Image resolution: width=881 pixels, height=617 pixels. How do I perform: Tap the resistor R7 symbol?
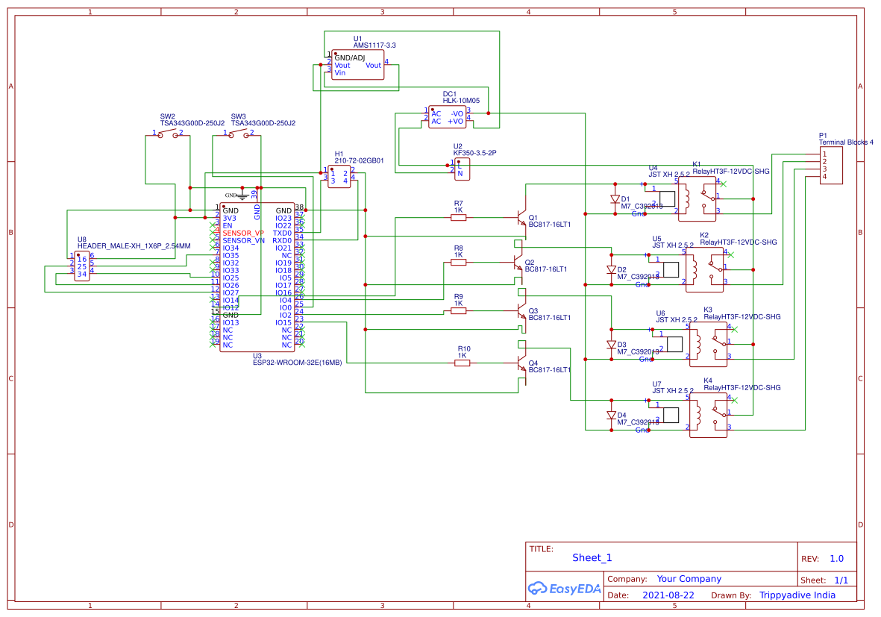tap(459, 218)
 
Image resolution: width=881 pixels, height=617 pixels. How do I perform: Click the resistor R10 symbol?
tap(463, 363)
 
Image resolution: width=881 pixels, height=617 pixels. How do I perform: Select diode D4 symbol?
tap(611, 415)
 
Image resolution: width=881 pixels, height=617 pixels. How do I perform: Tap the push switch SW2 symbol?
tap(168, 134)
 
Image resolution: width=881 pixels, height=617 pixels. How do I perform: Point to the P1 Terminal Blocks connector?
tap(831, 165)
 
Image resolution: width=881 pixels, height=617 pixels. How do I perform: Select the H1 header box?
tap(339, 177)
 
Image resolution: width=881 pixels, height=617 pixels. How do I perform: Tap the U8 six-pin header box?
tap(81, 266)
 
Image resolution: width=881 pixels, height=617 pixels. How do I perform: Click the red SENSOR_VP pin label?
tap(243, 233)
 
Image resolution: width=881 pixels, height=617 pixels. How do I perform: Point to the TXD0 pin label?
tap(282, 233)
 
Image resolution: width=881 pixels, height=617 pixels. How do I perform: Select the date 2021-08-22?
tap(668, 595)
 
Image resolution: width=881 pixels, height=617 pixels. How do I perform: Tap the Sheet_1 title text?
tap(592, 557)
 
